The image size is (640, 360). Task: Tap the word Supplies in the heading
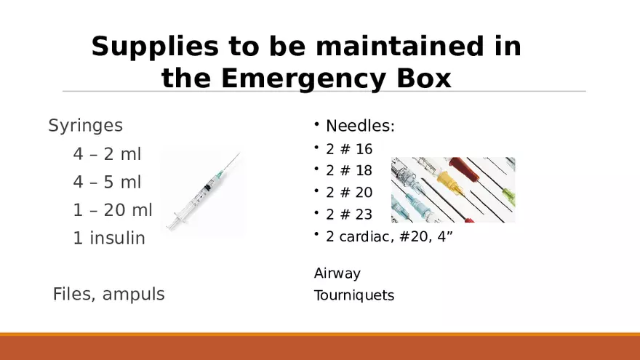(x=155, y=47)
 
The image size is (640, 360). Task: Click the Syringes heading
(x=85, y=126)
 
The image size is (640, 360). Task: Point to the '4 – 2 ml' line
(x=107, y=154)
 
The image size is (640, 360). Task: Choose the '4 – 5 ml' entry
(x=107, y=182)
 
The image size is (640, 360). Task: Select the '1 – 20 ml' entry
(x=113, y=210)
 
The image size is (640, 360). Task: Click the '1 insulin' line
(x=109, y=238)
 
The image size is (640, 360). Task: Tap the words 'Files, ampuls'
(x=108, y=294)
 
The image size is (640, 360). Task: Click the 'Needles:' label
(x=360, y=126)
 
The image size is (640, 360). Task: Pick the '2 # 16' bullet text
(x=349, y=149)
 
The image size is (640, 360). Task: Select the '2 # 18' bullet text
(x=349, y=171)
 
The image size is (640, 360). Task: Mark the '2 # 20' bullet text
(x=349, y=192)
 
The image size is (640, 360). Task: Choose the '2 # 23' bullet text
(x=349, y=215)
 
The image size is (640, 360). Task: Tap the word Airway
(x=337, y=273)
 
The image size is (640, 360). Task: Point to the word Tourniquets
(x=354, y=295)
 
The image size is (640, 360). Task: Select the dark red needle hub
(x=465, y=169)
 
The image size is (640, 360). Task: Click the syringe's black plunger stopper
(x=208, y=188)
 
